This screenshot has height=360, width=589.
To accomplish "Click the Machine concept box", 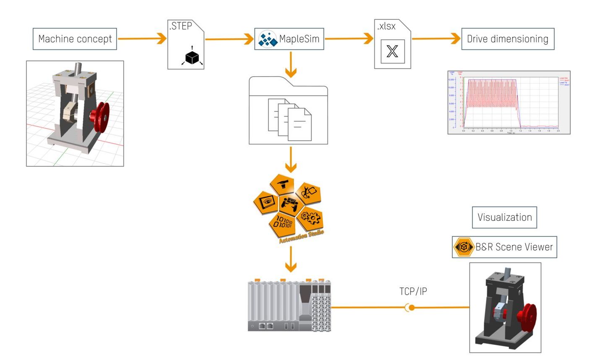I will coord(75,39).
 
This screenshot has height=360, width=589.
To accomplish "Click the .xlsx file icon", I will coord(392,44).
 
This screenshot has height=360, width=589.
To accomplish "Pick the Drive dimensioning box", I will coord(508,39).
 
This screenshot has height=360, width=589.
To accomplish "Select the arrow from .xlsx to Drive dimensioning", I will coord(436,39).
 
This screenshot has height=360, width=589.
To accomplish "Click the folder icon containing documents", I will coord(288,111).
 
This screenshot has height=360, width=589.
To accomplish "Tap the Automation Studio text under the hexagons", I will coord(301,237).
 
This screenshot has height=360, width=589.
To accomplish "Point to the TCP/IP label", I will coord(413,291).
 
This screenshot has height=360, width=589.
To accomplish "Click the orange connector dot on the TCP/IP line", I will coord(412,308).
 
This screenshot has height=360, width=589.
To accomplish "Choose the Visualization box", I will coord(504,217).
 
